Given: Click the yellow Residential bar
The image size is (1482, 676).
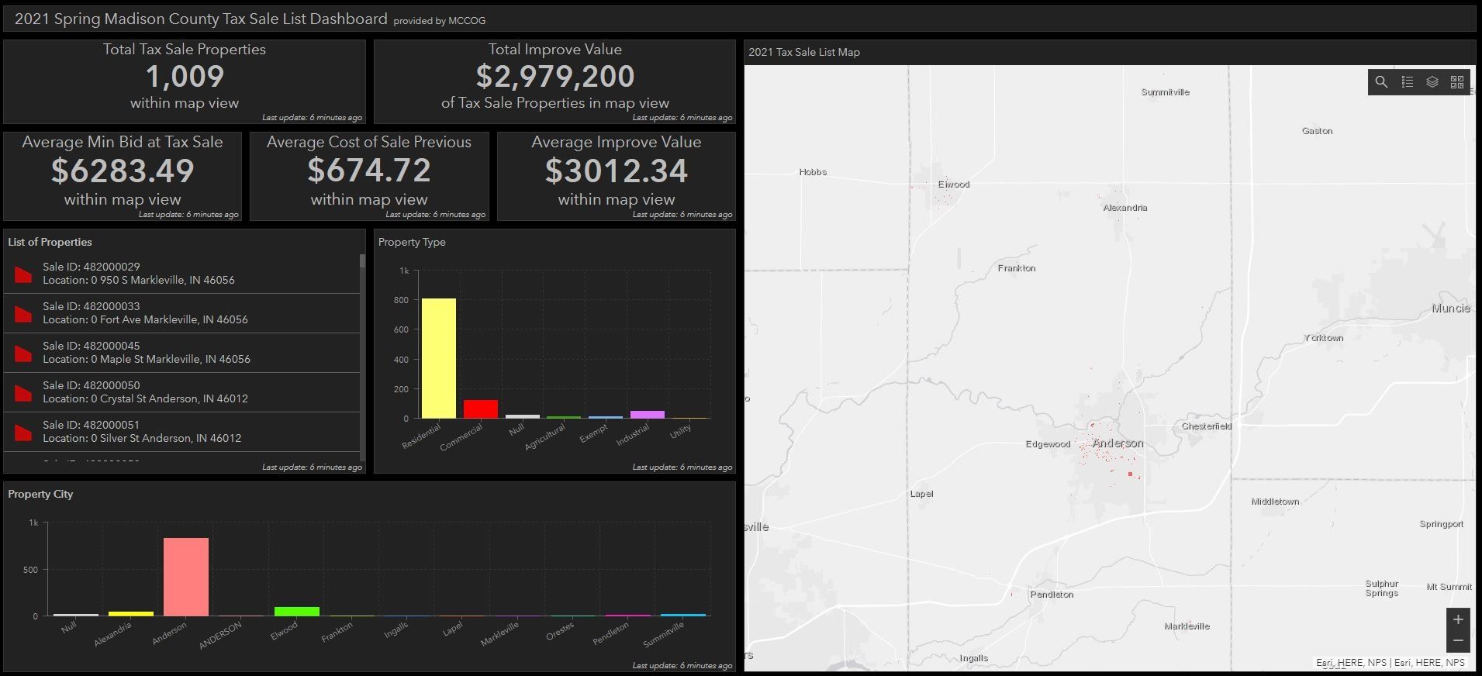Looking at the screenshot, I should click(438, 358).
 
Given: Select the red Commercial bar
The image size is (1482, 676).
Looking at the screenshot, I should click(480, 409).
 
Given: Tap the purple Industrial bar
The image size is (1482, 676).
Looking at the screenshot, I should click(647, 415).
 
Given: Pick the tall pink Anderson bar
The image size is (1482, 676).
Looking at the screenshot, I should click(185, 577).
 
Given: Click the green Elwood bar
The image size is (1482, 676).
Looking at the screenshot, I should click(296, 612).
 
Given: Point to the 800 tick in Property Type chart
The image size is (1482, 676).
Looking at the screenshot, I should click(401, 300).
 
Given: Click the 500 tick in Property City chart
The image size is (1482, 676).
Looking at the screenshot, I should click(30, 570).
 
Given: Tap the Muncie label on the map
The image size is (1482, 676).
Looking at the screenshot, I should click(1450, 309).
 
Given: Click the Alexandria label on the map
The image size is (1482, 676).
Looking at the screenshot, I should click(1124, 208).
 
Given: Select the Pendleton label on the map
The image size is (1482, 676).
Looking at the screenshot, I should click(1052, 595).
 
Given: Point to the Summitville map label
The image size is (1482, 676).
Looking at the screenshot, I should click(1165, 92).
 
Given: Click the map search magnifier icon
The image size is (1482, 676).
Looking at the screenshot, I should click(1381, 82).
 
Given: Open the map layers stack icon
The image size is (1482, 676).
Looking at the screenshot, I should click(1432, 82).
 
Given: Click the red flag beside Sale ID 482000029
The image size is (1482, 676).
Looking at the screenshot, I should click(23, 274).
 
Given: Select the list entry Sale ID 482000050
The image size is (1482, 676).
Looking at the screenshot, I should click(145, 392).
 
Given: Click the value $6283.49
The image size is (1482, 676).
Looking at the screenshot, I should click(123, 171).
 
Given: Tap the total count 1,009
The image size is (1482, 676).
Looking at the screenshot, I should click(185, 77).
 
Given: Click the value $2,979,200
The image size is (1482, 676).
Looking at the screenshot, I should click(554, 77).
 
